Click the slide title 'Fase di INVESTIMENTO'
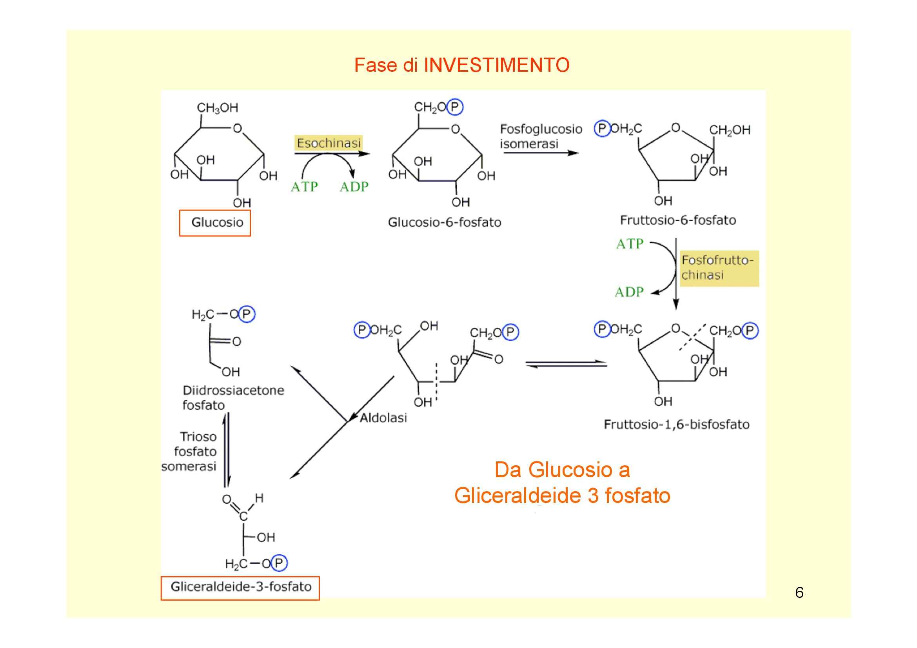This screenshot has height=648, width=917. point(462,65)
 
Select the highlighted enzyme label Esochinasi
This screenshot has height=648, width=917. point(328,143)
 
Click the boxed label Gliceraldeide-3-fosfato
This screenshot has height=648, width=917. point(240,586)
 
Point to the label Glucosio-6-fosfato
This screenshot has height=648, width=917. point(444,222)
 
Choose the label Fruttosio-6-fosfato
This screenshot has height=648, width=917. point(678,220)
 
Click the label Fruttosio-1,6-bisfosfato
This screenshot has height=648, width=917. point(676,424)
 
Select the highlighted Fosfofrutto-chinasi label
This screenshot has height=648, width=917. point(718,267)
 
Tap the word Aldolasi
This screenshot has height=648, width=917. point(383,417)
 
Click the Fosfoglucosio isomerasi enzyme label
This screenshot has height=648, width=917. point(541,136)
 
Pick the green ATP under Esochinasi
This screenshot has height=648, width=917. point(304,187)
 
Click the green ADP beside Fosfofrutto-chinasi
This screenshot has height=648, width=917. point(629,292)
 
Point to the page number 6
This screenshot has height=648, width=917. point(799,592)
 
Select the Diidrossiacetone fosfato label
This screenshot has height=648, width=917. point(233,398)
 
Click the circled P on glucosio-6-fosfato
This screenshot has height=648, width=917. point(455,107)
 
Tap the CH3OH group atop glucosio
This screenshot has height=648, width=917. point(217,108)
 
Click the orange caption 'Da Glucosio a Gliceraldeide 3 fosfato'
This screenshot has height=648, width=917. point(562,482)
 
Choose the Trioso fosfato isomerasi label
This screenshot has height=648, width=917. point(190,451)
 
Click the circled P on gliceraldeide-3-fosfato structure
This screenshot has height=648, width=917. point(279,563)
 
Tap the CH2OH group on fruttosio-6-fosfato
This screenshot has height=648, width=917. point(729,130)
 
